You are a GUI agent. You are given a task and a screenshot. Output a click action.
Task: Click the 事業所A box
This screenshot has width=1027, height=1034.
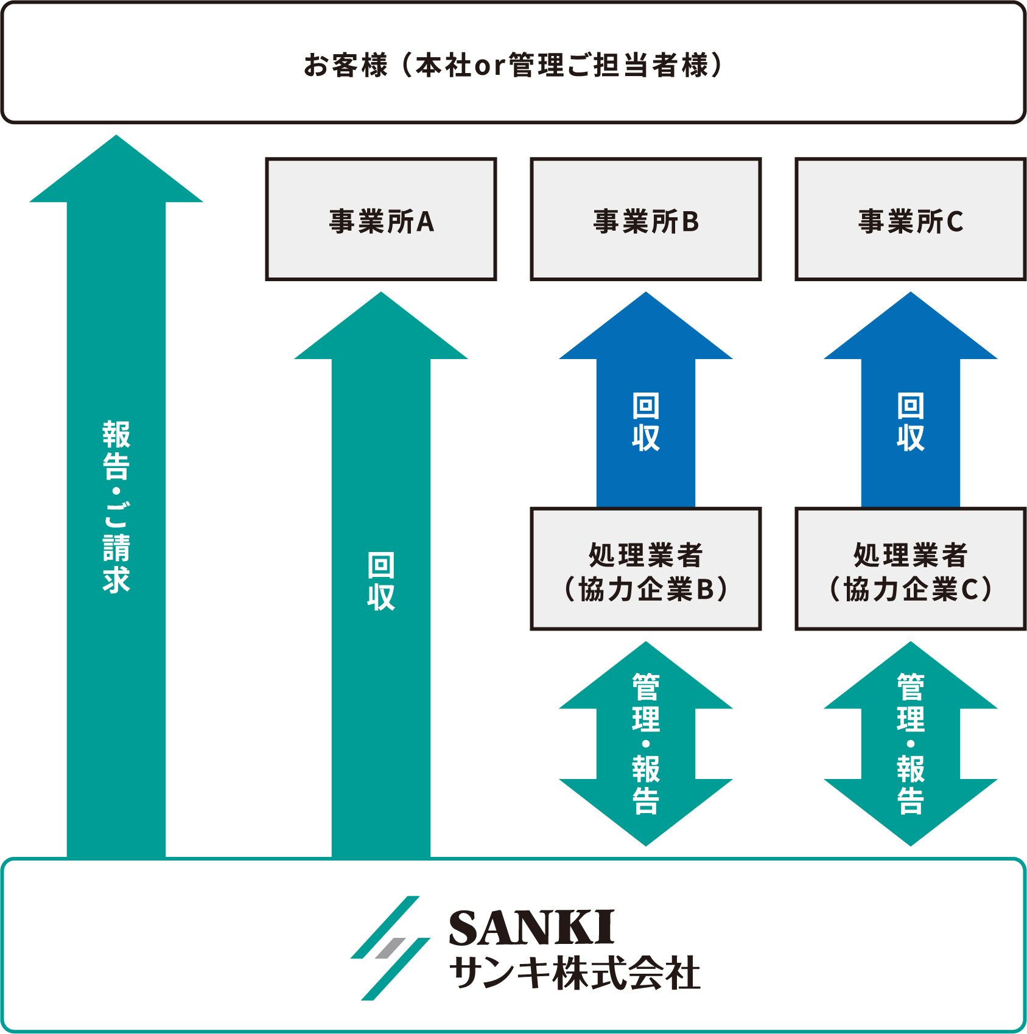click(x=381, y=220)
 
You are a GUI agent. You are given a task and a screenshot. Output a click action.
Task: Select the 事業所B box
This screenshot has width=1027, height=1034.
click(x=646, y=220)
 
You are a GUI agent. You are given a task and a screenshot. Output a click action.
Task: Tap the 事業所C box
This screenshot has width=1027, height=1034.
click(x=911, y=220)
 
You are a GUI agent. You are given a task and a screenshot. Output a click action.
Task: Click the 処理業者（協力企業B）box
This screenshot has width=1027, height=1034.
click(x=646, y=570)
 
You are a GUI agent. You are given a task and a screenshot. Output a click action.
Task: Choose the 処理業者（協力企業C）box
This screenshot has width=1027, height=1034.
click(x=911, y=570)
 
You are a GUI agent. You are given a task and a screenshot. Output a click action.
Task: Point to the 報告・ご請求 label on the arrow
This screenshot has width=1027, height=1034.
click(x=116, y=506)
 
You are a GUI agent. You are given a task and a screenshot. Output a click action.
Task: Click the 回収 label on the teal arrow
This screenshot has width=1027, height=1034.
click(x=381, y=581)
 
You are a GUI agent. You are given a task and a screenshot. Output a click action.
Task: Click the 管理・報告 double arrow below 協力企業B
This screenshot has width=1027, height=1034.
click(x=646, y=744)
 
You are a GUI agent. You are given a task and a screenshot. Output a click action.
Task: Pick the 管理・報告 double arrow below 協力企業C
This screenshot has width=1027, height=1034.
click(x=911, y=744)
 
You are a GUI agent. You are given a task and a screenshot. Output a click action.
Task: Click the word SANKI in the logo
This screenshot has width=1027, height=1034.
click(x=531, y=928)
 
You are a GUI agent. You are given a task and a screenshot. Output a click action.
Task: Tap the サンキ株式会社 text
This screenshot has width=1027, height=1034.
click(x=575, y=973)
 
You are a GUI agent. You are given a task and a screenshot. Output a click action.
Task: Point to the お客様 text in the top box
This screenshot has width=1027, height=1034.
click(x=345, y=65)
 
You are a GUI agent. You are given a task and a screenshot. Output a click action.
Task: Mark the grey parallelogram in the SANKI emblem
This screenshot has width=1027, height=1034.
click(x=391, y=948)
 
